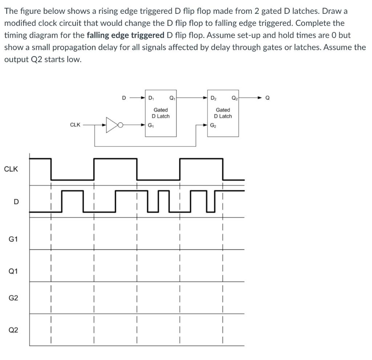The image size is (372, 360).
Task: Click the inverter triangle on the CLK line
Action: tap(111, 125)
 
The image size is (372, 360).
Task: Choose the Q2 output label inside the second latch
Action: tap(234, 98)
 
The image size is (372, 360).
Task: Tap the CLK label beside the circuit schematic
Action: tap(75, 125)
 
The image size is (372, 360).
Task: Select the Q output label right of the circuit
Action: tap(268, 98)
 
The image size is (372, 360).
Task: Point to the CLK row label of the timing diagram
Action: tap(11, 169)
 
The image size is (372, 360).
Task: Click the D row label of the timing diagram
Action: tap(15, 202)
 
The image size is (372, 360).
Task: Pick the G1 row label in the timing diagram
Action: tap(13, 239)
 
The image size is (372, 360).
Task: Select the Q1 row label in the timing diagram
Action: tap(13, 271)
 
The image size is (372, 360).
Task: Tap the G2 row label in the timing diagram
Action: tap(13, 298)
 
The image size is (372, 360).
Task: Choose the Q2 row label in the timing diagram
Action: tap(13, 330)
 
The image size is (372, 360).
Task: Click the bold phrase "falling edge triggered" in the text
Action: tap(126, 35)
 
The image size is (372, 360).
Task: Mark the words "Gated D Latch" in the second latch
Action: tap(223, 113)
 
